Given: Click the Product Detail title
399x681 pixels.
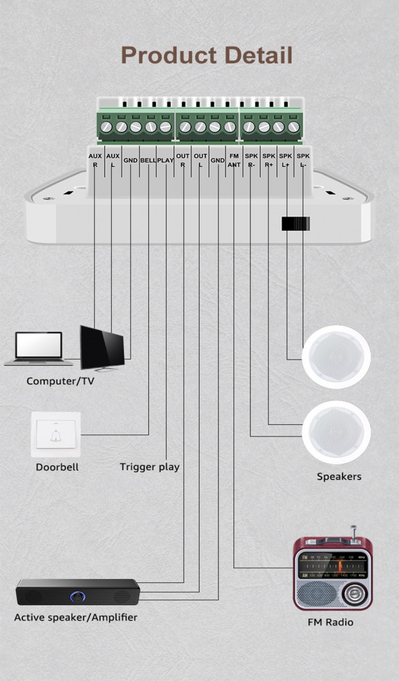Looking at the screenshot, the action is (207, 56).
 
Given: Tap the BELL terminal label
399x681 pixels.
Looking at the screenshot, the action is (148, 160).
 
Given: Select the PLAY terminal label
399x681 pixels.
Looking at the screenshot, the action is (165, 160).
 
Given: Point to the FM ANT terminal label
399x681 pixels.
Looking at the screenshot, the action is (234, 160).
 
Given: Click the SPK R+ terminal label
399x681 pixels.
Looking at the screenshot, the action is (269, 160).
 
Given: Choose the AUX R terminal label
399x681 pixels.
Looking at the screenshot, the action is (95, 160).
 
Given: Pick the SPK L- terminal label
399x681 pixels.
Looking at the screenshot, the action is (303, 160).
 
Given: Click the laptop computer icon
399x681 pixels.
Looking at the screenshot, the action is (38, 349).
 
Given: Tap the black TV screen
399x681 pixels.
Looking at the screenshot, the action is (102, 348).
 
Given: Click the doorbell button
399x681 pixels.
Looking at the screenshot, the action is (56, 434).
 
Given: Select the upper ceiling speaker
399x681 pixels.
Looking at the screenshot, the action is (336, 357).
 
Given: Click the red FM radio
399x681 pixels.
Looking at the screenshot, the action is (333, 572).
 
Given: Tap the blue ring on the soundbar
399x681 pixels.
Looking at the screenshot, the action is (78, 597).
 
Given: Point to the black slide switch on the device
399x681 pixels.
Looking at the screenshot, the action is (296, 223).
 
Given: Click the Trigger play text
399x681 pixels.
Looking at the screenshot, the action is (150, 467).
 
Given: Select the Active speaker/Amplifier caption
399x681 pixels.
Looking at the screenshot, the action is (76, 617).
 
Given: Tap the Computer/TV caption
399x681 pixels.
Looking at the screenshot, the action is (61, 381).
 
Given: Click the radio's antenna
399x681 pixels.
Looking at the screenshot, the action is (354, 534).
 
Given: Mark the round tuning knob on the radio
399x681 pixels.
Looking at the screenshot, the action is (354, 594).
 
